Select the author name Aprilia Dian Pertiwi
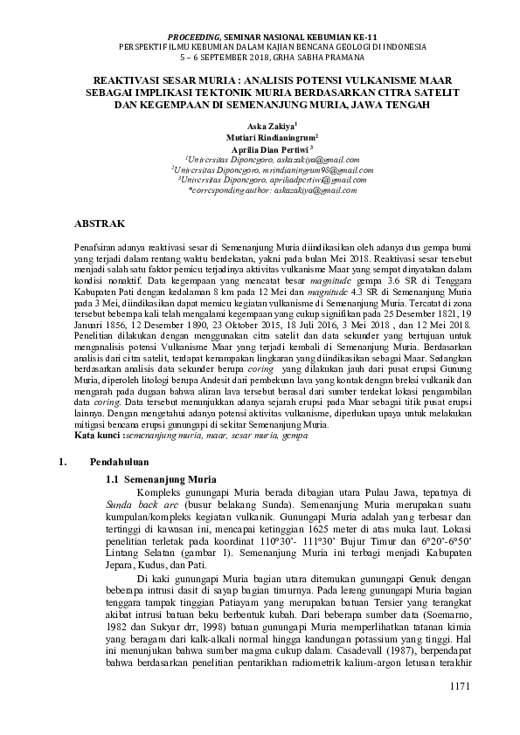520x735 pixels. [258, 149]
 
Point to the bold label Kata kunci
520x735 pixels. [96, 434]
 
